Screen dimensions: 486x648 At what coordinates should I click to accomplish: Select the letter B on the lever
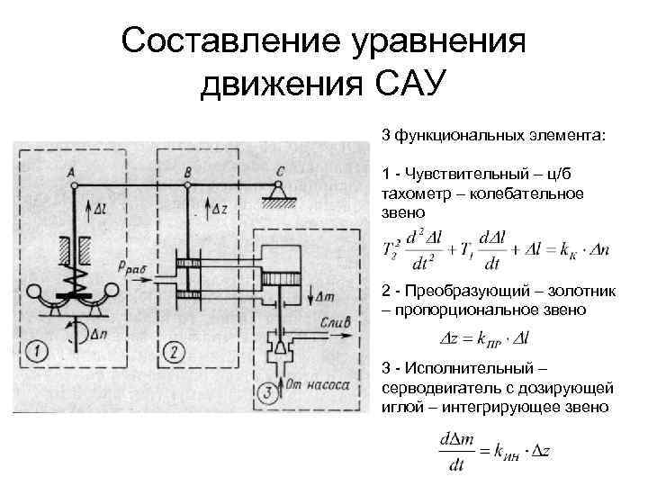pos(186,171)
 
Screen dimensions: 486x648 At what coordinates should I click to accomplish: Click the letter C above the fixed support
pos(281,170)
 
